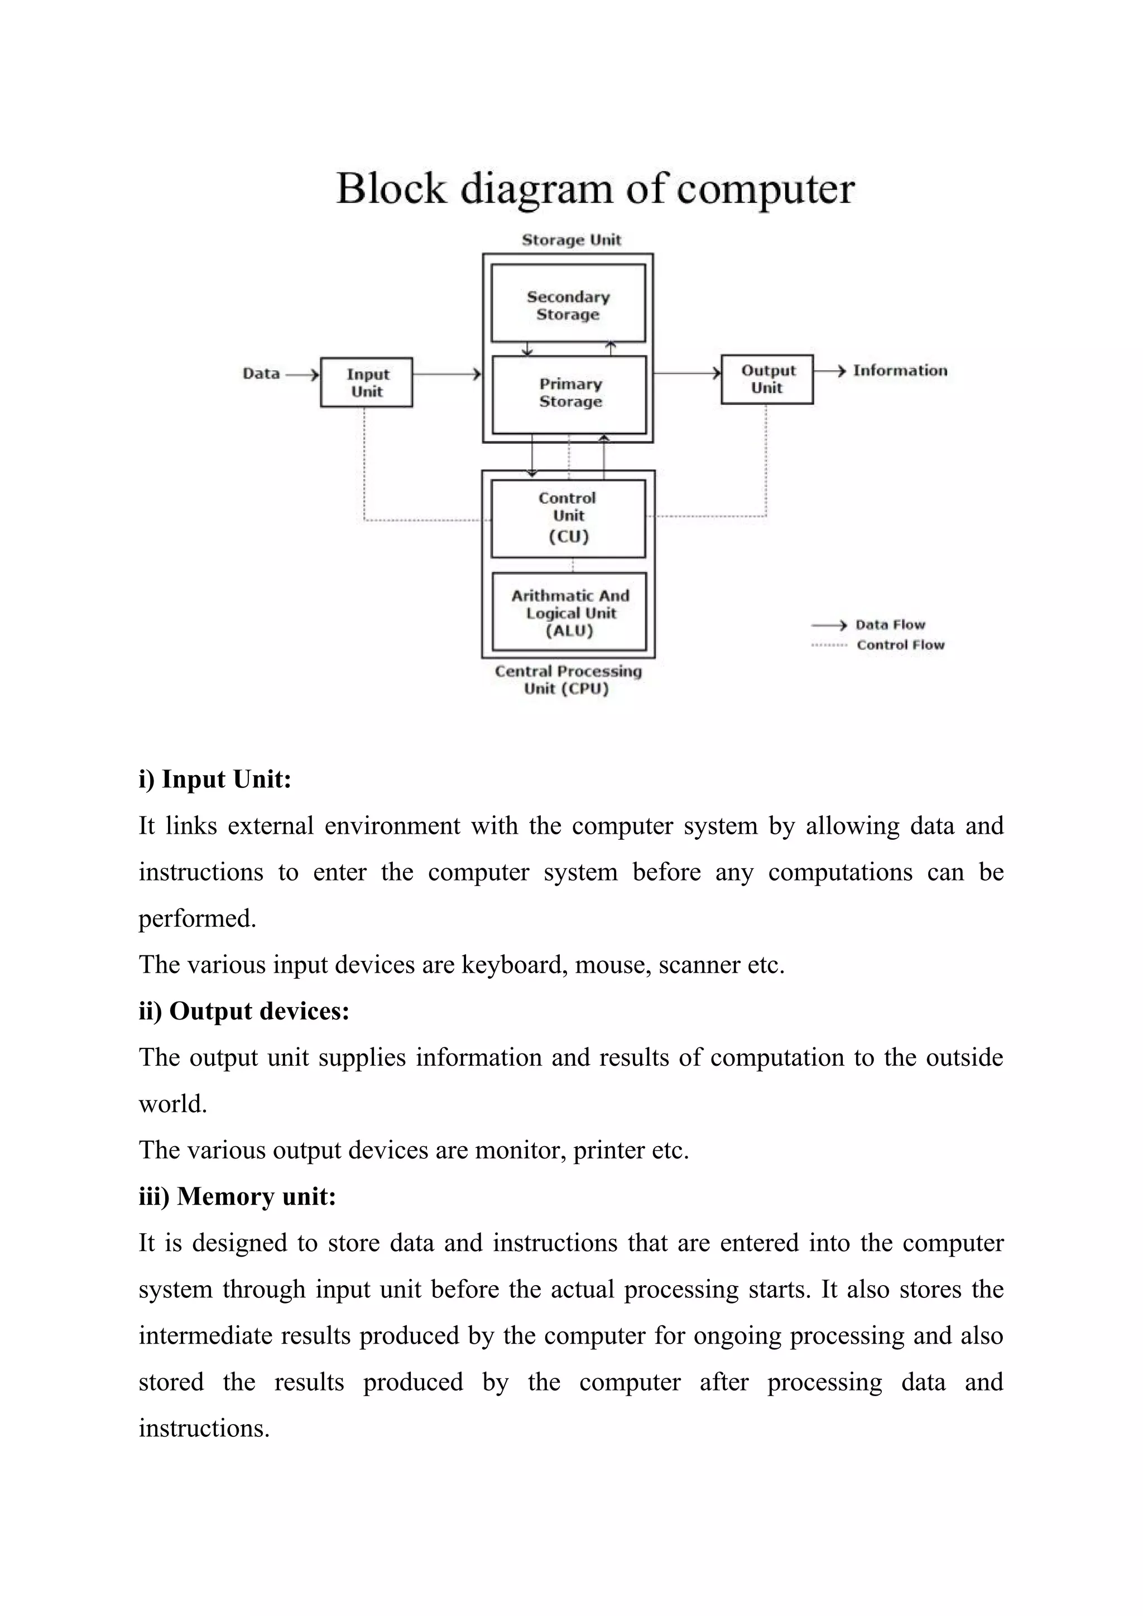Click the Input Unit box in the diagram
[x=367, y=382]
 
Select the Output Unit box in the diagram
[x=767, y=379]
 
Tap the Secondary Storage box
[x=568, y=304]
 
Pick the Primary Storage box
[x=569, y=393]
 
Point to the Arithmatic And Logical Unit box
[x=569, y=612]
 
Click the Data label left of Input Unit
[x=261, y=374]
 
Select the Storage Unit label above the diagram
[x=571, y=240]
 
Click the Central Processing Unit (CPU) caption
[x=568, y=680]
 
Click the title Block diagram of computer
[x=595, y=189]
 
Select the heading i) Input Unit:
[x=215, y=779]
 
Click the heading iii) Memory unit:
[x=237, y=1196]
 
